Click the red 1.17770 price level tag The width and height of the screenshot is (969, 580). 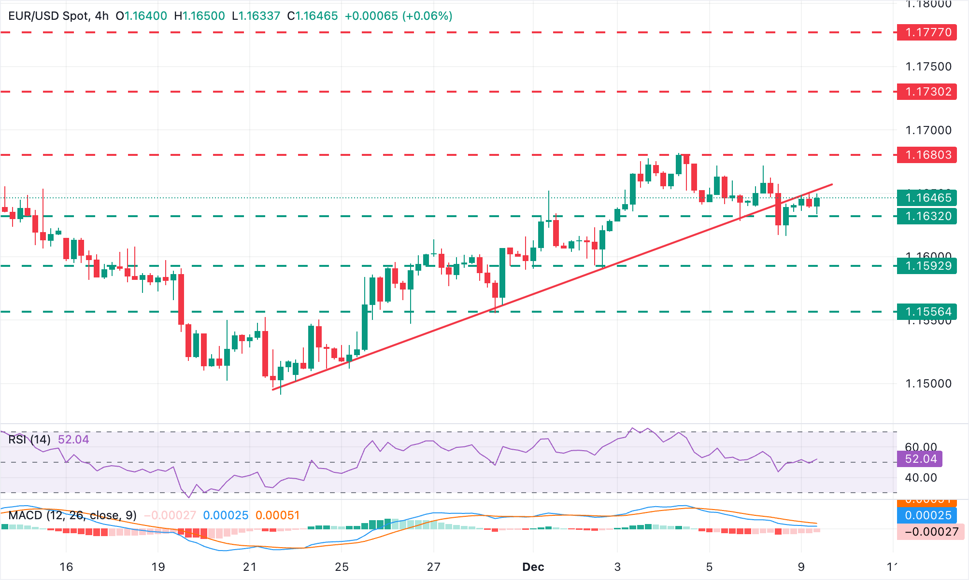pos(926,32)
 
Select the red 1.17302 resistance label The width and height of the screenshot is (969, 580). pos(926,92)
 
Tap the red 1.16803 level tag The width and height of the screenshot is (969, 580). pos(926,155)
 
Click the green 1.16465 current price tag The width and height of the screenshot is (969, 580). pos(926,198)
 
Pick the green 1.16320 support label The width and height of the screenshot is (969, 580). pos(926,216)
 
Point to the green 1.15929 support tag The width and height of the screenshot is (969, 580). pos(926,266)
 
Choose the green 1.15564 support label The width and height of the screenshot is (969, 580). pos(926,312)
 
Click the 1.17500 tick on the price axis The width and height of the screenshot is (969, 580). pos(928,67)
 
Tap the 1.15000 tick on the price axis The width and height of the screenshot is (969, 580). pos(928,384)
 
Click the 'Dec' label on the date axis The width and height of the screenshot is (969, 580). pos(533,567)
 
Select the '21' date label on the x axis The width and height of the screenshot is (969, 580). pos(250,567)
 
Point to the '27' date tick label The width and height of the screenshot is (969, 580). pos(433,567)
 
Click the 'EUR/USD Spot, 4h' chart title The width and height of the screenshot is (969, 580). pos(58,16)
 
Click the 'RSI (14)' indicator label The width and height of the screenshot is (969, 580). pos(29,440)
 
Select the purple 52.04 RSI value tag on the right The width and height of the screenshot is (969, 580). pos(920,459)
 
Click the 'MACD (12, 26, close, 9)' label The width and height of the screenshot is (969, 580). pos(72,515)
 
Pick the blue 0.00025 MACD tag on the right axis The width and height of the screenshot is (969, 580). pos(927,515)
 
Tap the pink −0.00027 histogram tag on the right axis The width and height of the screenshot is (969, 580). pos(930,532)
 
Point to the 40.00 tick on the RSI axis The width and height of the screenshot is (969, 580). pos(921,478)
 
